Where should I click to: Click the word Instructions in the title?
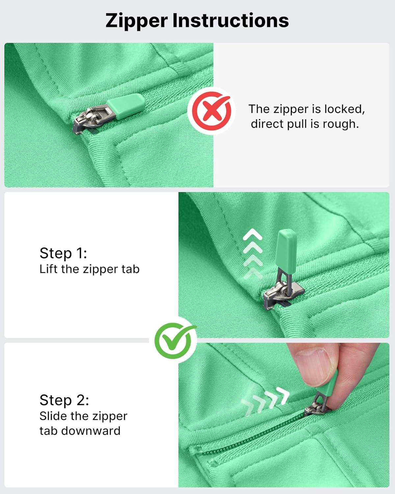(x=230, y=20)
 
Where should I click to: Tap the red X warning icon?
(x=212, y=111)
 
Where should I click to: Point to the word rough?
(x=341, y=124)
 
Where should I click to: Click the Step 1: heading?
(x=63, y=253)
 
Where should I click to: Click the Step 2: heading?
(x=64, y=400)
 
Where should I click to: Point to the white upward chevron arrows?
(x=253, y=253)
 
